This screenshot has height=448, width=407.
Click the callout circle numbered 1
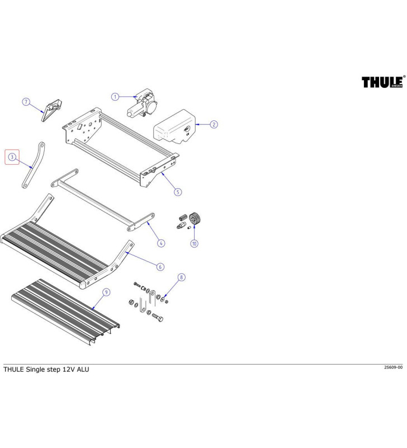[115, 96]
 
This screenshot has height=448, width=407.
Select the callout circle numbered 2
[214, 125]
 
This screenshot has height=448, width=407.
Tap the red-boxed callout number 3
[12, 157]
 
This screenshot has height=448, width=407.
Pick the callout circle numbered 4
[161, 243]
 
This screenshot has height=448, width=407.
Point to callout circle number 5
[178, 192]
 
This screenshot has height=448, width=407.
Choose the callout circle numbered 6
[160, 267]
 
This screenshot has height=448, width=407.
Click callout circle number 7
[26, 102]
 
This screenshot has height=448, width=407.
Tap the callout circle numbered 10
[194, 244]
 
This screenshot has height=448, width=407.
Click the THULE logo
[382, 82]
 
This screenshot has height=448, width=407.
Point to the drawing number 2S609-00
[393, 367]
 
